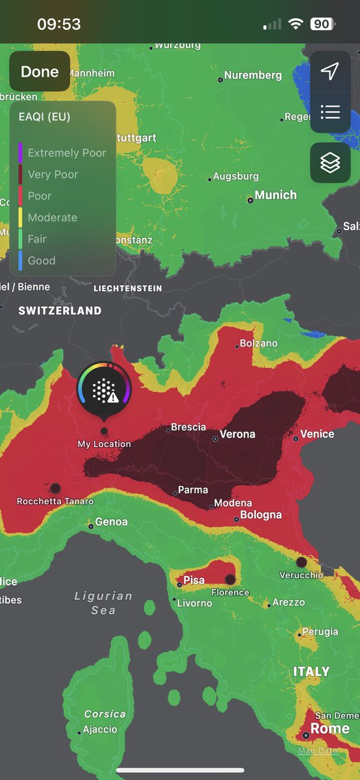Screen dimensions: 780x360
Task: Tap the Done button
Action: (x=40, y=71)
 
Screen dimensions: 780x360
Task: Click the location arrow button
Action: (x=330, y=71)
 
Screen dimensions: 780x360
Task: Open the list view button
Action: (x=330, y=112)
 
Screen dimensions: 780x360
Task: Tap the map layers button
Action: (x=330, y=162)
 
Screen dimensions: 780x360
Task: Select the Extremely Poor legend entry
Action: (x=66, y=153)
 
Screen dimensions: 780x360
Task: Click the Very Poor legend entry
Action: (x=53, y=174)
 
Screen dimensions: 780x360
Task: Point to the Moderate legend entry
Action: (x=52, y=218)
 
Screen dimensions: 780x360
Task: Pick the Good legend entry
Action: (x=41, y=261)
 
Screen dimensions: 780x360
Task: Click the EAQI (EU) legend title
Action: (x=45, y=117)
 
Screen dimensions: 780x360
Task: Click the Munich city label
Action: (x=276, y=195)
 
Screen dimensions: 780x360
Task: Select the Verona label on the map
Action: (x=237, y=434)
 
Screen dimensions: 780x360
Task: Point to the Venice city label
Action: (x=317, y=434)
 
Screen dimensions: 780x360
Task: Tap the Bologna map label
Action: (x=261, y=515)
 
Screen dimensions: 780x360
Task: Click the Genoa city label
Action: (x=111, y=521)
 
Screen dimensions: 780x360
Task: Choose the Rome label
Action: (x=329, y=729)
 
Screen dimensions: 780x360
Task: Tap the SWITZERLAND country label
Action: (x=60, y=311)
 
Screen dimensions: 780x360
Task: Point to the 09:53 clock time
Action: (x=59, y=25)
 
